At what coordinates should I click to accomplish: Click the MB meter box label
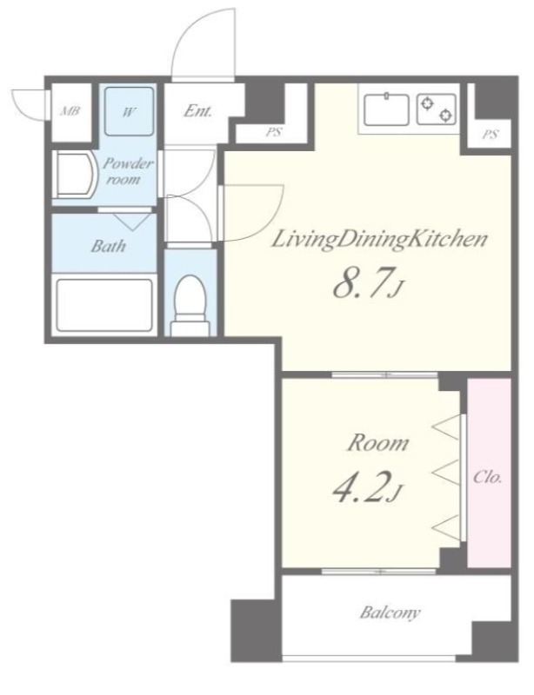tap(70, 111)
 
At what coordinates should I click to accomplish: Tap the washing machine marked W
tap(129, 111)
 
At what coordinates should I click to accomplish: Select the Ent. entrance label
tap(198, 111)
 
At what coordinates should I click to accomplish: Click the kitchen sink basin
tap(386, 110)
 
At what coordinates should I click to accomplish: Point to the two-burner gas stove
tap(437, 109)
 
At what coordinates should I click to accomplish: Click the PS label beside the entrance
tap(274, 132)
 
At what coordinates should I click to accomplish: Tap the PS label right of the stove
tap(490, 134)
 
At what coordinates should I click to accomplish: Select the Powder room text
tap(127, 171)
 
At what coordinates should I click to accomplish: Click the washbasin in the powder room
tap(74, 175)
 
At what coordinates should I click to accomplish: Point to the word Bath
tap(108, 246)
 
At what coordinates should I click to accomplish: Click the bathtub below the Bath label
tap(104, 305)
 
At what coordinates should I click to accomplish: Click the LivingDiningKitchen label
tap(379, 240)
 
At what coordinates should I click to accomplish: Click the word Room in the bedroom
tap(377, 443)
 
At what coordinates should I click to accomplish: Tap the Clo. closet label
tap(488, 477)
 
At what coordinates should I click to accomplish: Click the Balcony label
tap(390, 613)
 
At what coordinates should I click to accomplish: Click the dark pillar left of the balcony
tap(257, 631)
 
